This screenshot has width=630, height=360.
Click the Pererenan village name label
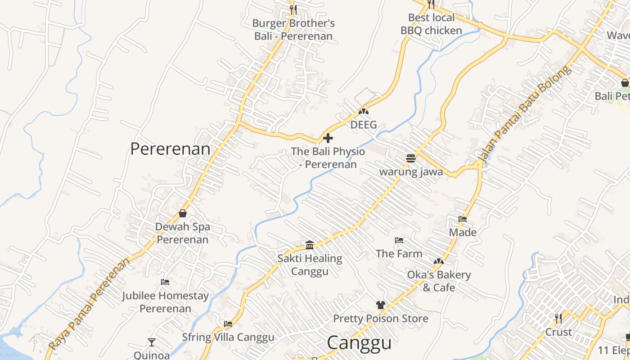(x=170, y=149)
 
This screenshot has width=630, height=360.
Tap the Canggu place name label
(x=359, y=343)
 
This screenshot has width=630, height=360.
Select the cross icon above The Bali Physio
(x=328, y=138)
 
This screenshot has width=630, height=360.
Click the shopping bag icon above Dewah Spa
(x=183, y=213)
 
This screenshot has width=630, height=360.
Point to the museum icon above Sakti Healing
(x=310, y=245)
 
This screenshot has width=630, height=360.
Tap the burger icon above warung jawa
(x=410, y=158)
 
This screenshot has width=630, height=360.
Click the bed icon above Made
(x=463, y=220)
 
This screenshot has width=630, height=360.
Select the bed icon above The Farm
(x=399, y=240)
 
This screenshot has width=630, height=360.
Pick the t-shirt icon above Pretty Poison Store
(x=381, y=305)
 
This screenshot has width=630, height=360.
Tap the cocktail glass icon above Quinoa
(x=152, y=342)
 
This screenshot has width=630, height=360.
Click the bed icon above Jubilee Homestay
(x=165, y=282)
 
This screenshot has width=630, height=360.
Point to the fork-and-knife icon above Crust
(x=558, y=319)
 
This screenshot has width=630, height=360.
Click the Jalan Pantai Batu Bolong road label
(x=525, y=114)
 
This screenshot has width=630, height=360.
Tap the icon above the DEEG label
(x=363, y=112)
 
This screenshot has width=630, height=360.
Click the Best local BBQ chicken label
(x=431, y=24)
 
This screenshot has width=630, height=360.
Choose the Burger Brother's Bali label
(x=293, y=30)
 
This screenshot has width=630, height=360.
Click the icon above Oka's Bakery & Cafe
(x=438, y=261)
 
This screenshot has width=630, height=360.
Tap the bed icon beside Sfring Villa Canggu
(x=228, y=324)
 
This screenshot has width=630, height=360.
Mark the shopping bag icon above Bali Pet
(x=625, y=83)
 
